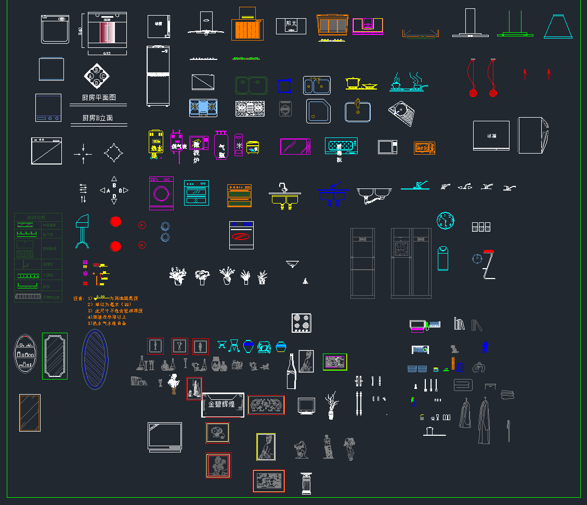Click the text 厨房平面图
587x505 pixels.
point(98,97)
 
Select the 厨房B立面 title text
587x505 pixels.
point(98,118)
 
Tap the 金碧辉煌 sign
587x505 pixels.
point(223,405)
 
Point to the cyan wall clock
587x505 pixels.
point(445,221)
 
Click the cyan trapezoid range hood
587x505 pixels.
point(558,27)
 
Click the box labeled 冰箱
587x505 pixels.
point(491,136)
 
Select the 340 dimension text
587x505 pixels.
point(80,31)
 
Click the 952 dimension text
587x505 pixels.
point(107,53)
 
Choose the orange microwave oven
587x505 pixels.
point(424,148)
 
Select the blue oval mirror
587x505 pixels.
point(95,359)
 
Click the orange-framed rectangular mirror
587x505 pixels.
point(30,413)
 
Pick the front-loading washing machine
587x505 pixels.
point(161,193)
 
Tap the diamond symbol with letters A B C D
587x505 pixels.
point(97,77)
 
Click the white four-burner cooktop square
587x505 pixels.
point(302,323)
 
